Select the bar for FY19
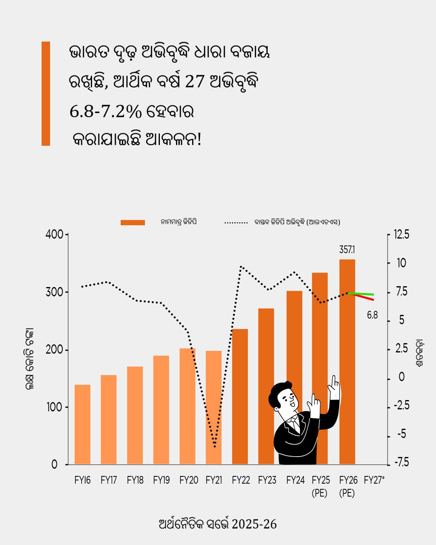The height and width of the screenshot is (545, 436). tap(161, 410)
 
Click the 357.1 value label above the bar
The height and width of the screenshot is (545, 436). tap(347, 249)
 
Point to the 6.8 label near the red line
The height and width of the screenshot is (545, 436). tap(372, 315)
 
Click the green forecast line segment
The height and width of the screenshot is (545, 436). tap(361, 294)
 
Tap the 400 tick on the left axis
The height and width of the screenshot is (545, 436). tap(54, 234)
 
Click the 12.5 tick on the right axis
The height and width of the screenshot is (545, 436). tap(401, 234)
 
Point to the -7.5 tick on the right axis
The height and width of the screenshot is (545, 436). tap(401, 462)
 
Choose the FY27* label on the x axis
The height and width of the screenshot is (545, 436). tap(374, 480)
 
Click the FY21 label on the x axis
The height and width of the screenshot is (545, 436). tap(214, 480)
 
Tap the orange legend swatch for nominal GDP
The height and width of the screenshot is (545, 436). tap(133, 222)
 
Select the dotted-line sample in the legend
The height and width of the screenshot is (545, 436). tap(236, 222)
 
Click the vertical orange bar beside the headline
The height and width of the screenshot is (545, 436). tap(46, 93)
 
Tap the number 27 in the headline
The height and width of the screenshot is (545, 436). tap(195, 81)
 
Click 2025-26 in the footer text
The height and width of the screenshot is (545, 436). tap(254, 524)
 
